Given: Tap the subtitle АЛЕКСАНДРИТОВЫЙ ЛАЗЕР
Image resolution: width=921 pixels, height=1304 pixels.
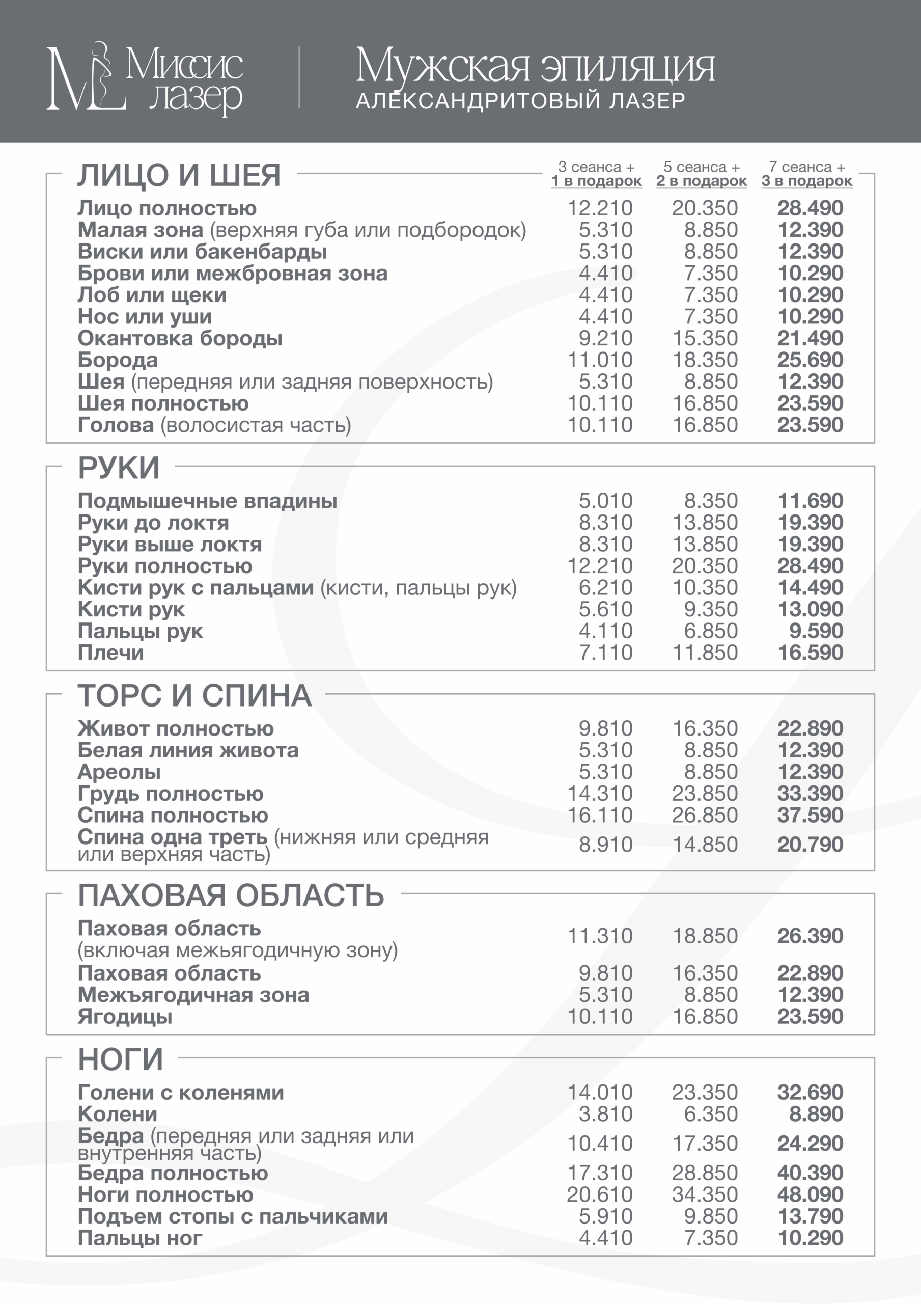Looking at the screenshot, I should pos(520,101).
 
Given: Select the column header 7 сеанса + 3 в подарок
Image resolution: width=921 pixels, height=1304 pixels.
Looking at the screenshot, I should pos(807,174).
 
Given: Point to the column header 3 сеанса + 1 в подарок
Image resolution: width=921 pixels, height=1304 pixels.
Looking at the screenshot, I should pos(596,174).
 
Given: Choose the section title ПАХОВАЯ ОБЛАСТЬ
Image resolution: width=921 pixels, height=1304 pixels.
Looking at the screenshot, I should pos(231,895).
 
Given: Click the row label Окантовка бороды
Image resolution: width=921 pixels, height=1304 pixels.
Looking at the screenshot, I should pos(180,339).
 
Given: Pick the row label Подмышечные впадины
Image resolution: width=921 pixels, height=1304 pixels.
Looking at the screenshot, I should pos(207,501).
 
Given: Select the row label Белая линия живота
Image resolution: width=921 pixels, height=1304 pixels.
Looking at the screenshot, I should pos(188,750).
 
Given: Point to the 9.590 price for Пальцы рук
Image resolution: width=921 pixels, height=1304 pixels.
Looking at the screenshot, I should pos(816,631).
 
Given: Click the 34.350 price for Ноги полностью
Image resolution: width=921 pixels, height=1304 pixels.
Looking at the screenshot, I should pos(705,1194).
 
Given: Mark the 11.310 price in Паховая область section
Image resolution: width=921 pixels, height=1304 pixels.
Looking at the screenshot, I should pos(600,935).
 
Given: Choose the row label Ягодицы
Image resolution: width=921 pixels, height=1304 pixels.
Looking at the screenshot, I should pos(125,1017).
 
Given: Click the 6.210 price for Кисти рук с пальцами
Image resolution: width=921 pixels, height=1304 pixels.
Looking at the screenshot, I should pos(605,587).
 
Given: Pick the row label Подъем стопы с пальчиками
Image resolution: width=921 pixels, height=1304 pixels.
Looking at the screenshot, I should pos(233,1216).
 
